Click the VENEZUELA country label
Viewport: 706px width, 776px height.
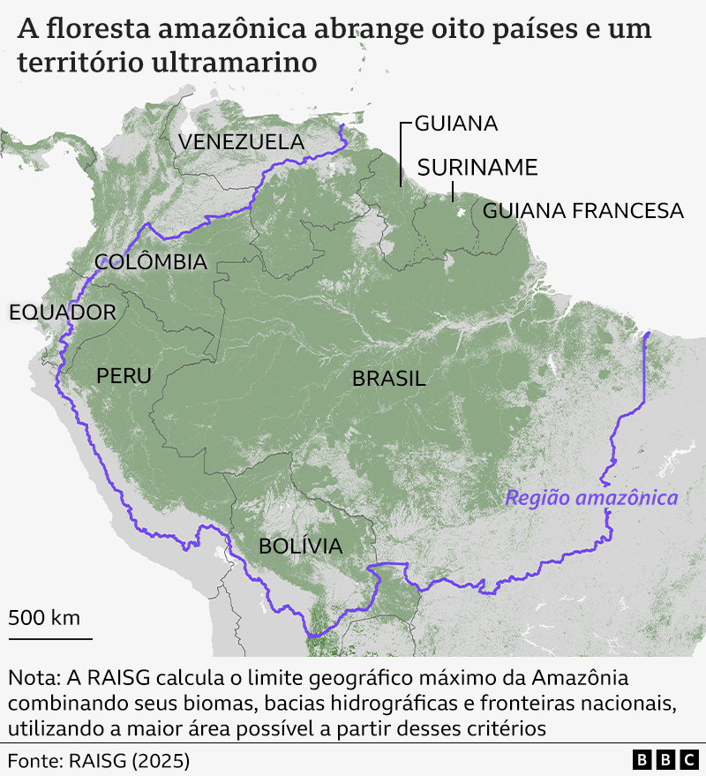(241, 141)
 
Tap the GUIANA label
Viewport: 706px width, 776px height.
(455, 124)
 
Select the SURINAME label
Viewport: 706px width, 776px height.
(477, 168)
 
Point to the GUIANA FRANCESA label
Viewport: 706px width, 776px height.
(582, 210)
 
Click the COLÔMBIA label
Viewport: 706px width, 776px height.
(150, 262)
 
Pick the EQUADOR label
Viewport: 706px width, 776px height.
(62, 312)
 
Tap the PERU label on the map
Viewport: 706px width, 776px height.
(124, 376)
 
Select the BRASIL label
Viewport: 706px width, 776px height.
(388, 379)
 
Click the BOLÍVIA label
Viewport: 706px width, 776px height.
(300, 546)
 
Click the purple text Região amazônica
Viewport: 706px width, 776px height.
(590, 498)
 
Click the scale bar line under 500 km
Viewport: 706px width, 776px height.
(50, 637)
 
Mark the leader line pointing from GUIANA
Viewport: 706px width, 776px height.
(402, 154)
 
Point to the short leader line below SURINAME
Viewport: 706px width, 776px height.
(452, 191)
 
